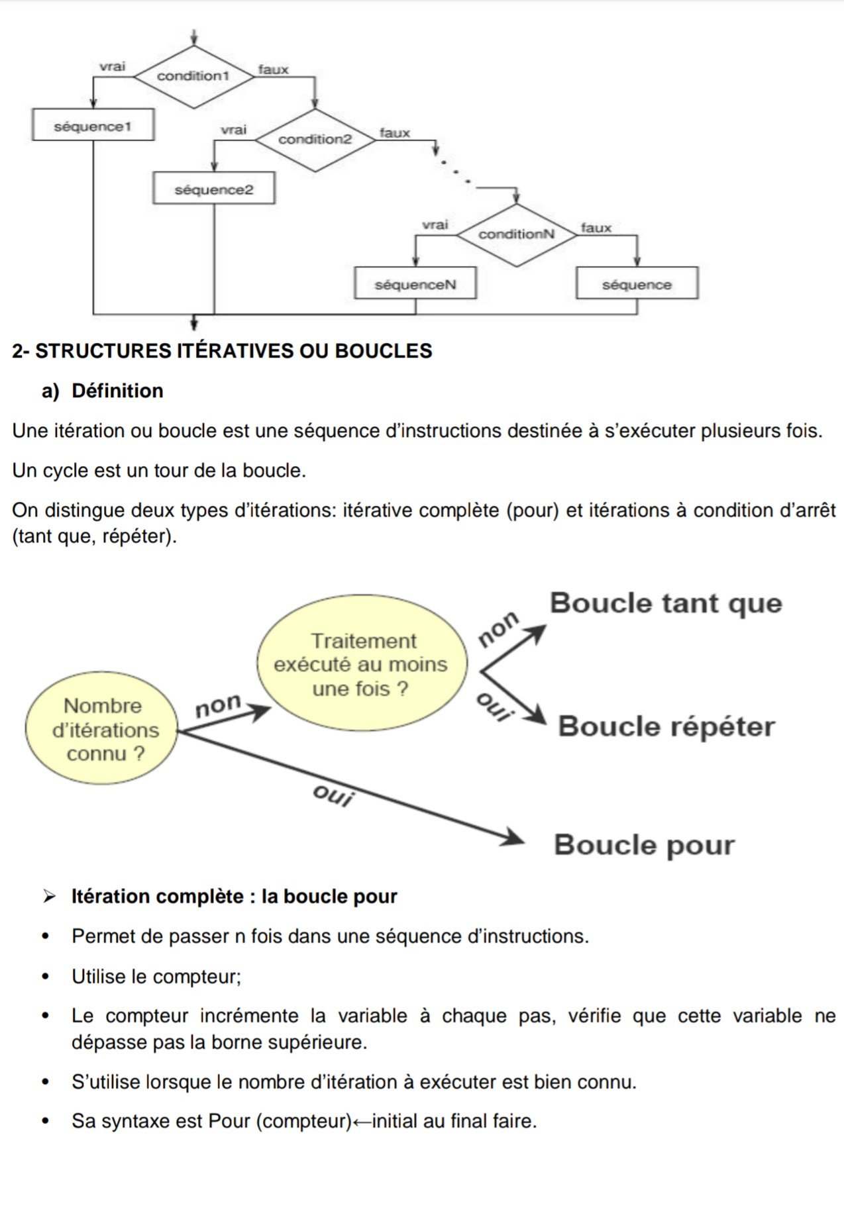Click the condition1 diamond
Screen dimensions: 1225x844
point(193,76)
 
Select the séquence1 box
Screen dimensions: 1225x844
point(93,125)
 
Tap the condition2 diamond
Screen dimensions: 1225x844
point(315,140)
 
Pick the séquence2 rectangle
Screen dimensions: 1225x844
point(213,189)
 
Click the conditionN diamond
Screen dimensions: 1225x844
point(516,234)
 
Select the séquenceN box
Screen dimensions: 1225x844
point(415,284)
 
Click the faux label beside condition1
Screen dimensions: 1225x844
point(273,70)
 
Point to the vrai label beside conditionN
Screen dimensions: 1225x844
point(435,225)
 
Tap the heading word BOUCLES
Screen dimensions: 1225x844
point(384,351)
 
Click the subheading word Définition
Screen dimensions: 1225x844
point(117,391)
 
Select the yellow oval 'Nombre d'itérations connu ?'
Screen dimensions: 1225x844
point(103,729)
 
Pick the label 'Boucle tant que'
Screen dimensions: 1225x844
point(666,603)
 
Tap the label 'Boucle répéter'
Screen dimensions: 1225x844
point(666,726)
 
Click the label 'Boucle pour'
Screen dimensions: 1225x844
point(644,845)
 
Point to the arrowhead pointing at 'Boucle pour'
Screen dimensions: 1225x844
point(514,838)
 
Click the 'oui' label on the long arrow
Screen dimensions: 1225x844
point(333,796)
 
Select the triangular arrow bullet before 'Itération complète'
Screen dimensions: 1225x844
point(49,897)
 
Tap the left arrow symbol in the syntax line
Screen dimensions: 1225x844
point(362,1122)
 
